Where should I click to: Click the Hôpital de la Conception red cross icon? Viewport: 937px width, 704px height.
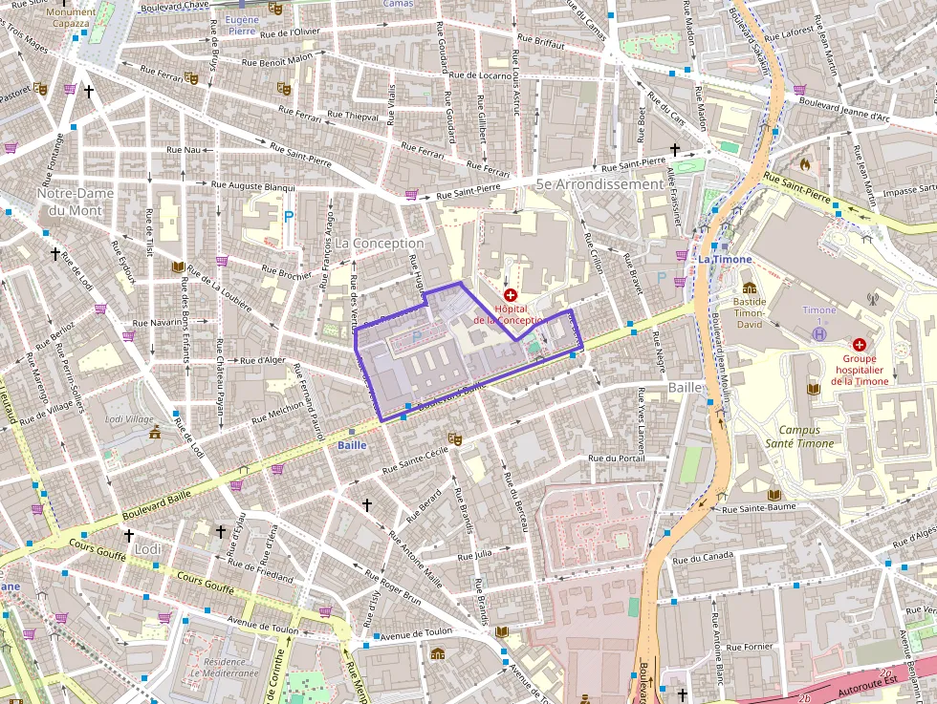[x=510, y=296]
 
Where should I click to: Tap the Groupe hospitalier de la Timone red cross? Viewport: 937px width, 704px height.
[x=859, y=344]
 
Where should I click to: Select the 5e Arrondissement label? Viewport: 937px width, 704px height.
[x=599, y=183]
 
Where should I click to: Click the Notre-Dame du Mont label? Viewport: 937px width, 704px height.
[x=76, y=202]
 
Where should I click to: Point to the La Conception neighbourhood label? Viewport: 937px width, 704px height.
[x=379, y=244]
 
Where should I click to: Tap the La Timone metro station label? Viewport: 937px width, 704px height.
[x=725, y=259]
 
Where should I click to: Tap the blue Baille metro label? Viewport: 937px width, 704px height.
[x=352, y=445]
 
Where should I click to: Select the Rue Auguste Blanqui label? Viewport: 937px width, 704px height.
[x=252, y=186]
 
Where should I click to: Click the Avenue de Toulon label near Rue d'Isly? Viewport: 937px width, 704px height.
[x=418, y=631]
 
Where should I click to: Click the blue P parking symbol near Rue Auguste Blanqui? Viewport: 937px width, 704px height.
[x=289, y=217]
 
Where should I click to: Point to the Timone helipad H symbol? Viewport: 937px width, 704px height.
[x=818, y=333]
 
